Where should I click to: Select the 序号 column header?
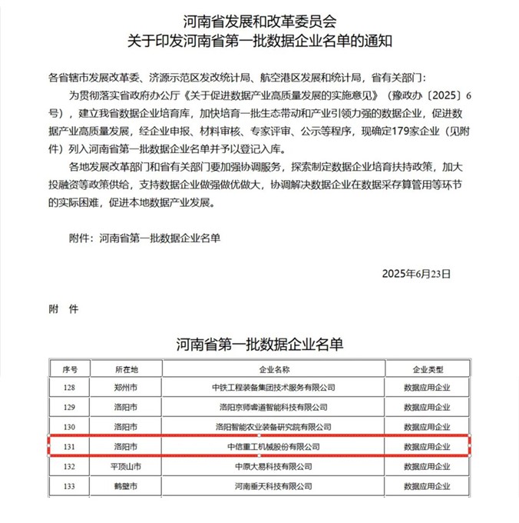click(70, 368)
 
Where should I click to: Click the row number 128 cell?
click(70, 387)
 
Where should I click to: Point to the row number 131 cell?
click(70, 446)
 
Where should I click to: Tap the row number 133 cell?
click(70, 486)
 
